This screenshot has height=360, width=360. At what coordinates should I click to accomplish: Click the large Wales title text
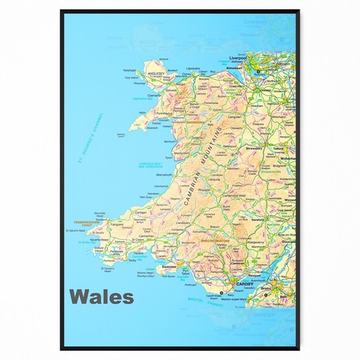coord(102,296)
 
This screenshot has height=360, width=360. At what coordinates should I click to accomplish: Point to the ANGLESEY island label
coord(157,73)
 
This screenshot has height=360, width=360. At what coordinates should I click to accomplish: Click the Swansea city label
coord(170,265)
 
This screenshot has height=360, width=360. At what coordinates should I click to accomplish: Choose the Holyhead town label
coord(130,70)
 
